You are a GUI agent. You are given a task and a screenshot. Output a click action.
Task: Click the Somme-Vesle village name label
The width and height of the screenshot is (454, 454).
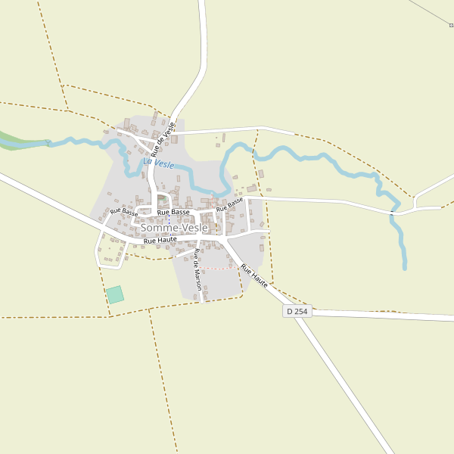[x=174, y=228]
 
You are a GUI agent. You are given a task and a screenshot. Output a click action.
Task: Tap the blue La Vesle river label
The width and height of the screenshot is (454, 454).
[x=159, y=163]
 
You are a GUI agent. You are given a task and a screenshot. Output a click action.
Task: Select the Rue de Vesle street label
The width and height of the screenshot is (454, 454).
[x=163, y=138]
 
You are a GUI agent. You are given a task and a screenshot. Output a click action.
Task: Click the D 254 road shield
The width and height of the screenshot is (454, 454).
[x=297, y=311]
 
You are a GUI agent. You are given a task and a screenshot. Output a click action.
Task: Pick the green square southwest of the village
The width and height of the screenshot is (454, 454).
[x=114, y=294]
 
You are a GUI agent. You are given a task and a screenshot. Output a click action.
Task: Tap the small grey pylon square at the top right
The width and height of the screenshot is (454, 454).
[x=451, y=25]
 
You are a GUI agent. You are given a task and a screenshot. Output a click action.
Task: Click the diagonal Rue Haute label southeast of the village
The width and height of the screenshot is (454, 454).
[x=254, y=275]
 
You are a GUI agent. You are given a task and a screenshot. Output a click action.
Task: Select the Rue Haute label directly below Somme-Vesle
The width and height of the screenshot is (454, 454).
[x=160, y=240]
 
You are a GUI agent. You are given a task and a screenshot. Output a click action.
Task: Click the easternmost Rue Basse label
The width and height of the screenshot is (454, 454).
[x=229, y=204]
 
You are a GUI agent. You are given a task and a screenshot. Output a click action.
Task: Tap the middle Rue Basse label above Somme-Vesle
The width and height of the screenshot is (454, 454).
[x=173, y=212]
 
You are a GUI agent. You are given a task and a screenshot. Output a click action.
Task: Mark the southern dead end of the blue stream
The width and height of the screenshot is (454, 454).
[x=405, y=268]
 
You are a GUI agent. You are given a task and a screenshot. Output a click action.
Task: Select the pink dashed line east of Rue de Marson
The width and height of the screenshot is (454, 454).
[x=218, y=268]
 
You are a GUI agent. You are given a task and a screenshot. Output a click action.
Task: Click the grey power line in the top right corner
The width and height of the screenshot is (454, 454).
[x=431, y=11]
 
